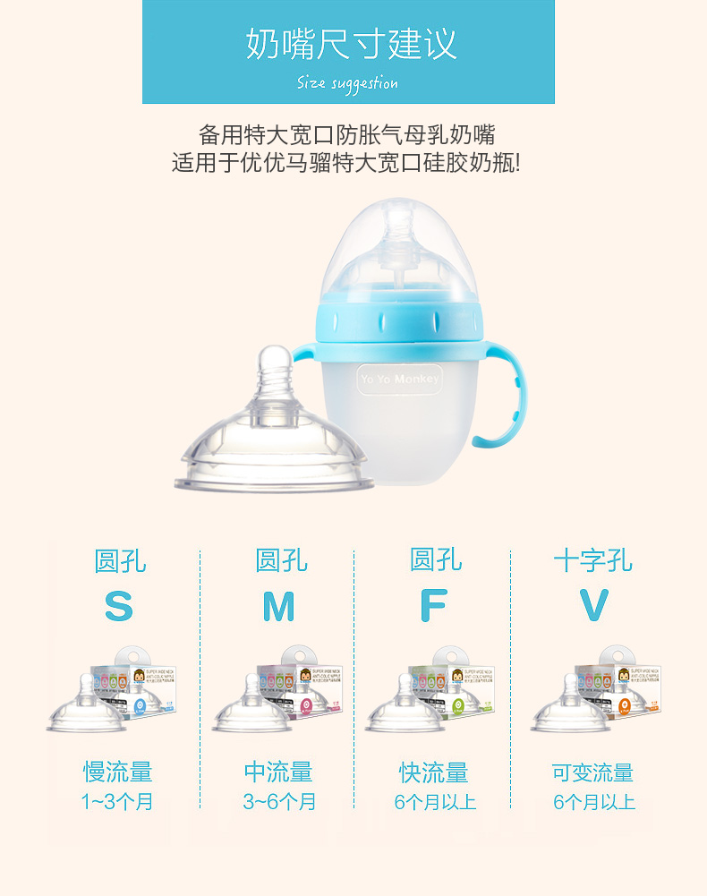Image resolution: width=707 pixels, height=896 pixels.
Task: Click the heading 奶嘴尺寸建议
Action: pyautogui.click(x=351, y=44)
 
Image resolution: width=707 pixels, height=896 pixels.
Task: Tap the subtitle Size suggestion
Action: pyautogui.click(x=347, y=83)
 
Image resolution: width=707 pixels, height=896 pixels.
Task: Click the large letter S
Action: pyautogui.click(x=118, y=607)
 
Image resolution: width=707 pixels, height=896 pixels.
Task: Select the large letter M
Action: pyautogui.click(x=278, y=607)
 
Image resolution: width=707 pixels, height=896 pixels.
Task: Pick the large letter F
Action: pyautogui.click(x=433, y=607)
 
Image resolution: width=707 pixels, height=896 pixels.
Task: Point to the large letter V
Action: pyautogui.click(x=593, y=606)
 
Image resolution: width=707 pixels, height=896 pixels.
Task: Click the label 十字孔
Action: pyautogui.click(x=592, y=561)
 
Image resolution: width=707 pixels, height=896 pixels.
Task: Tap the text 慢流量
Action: pyautogui.click(x=118, y=772)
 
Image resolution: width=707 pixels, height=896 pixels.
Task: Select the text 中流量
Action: pyautogui.click(x=278, y=772)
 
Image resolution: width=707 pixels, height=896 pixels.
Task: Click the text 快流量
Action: pyautogui.click(x=434, y=772)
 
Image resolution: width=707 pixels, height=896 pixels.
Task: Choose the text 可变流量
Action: pyautogui.click(x=592, y=772)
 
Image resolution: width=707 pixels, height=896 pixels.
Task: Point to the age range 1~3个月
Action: pyautogui.click(x=118, y=801)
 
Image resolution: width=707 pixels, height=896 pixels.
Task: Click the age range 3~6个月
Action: pyautogui.click(x=279, y=801)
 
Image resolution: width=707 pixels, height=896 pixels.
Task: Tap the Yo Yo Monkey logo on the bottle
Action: pyautogui.click(x=399, y=379)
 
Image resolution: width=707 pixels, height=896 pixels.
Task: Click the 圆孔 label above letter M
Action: pyautogui.click(x=281, y=561)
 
